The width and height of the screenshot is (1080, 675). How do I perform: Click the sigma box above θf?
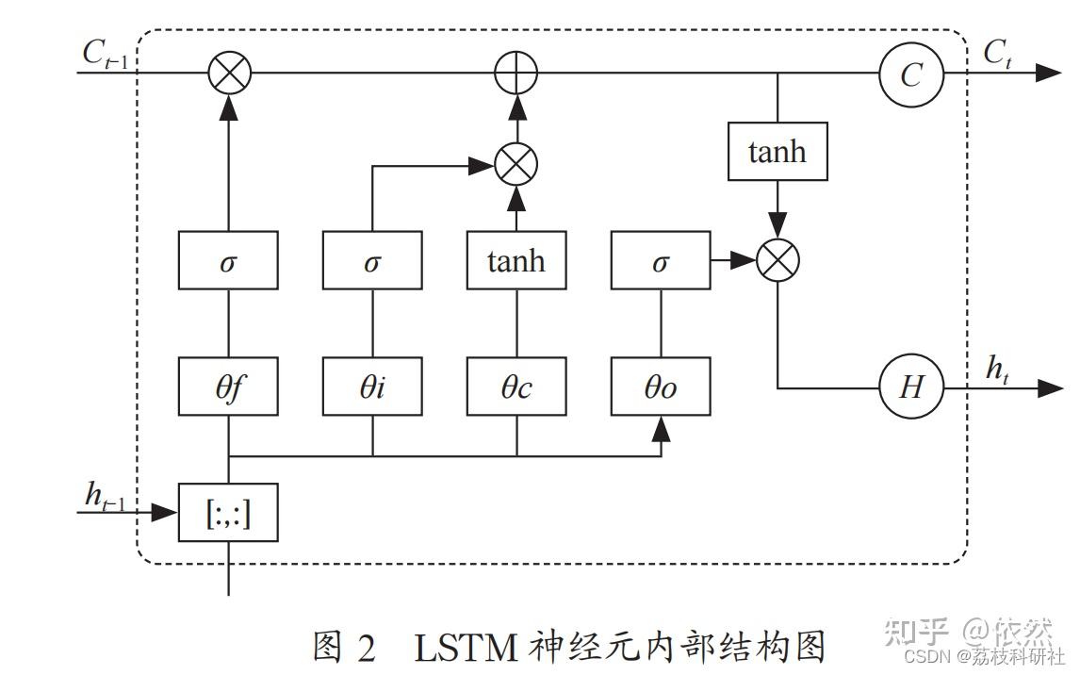(228, 261)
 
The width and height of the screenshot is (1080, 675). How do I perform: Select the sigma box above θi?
(372, 261)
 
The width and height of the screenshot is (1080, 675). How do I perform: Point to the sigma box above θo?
(661, 261)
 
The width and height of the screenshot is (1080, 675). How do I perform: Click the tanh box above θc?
(516, 261)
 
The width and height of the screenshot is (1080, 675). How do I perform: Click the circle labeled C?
(910, 74)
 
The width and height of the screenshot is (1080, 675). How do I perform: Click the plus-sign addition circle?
(516, 74)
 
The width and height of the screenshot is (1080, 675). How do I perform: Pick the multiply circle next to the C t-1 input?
(228, 74)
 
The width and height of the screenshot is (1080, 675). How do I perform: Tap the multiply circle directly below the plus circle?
(516, 164)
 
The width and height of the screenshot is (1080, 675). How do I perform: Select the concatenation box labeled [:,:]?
(228, 515)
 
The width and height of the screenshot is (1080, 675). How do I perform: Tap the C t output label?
(999, 54)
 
